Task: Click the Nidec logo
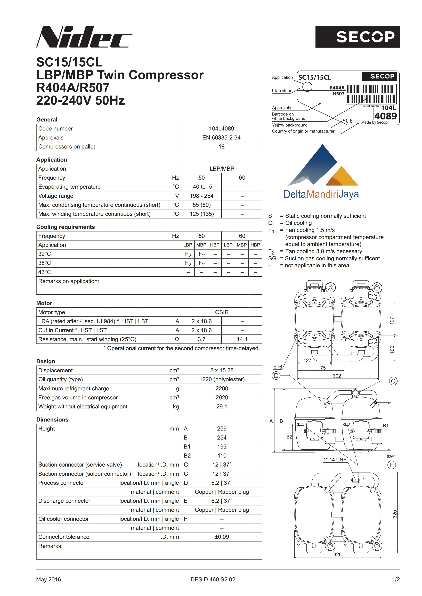pos(84,37)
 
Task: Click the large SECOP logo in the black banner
pos(365,37)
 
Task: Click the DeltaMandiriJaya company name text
pos(321,194)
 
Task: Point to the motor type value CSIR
pos(222,312)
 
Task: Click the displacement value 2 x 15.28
pos(222,370)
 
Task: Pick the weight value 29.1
pos(222,407)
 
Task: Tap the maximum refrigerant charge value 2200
pos(222,388)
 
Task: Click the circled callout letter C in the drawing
pos(393,381)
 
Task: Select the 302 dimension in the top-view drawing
pos(337,376)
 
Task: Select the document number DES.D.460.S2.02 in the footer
pos(213,579)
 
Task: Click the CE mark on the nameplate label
pos(349,121)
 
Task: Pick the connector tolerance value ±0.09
pos(222,537)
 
